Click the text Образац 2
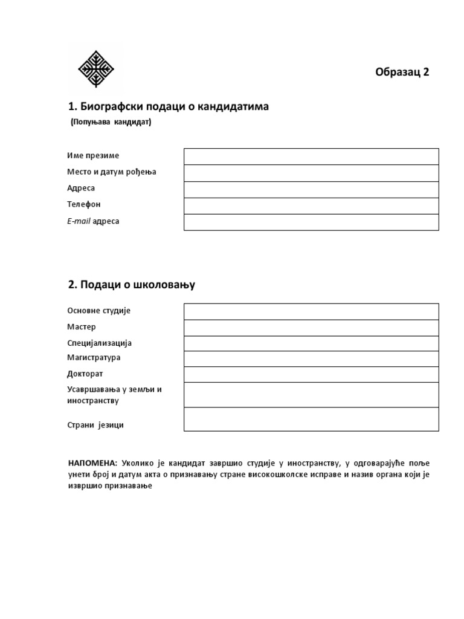tap(402, 72)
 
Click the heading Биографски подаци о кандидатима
tap(169, 107)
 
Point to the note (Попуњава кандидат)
tap(111, 122)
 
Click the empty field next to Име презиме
tap(311, 157)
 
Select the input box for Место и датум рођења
tap(311, 173)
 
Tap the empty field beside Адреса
tap(311, 189)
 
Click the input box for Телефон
tap(311, 206)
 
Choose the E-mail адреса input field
tap(311, 222)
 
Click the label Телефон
tap(84, 204)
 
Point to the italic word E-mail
tap(79, 221)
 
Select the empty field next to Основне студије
tap(311, 311)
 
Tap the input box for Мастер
tap(311, 328)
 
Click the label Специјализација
tap(100, 343)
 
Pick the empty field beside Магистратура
tap(311, 358)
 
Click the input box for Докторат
tap(311, 374)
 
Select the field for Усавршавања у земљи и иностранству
tap(311, 395)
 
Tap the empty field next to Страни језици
tap(311, 419)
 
